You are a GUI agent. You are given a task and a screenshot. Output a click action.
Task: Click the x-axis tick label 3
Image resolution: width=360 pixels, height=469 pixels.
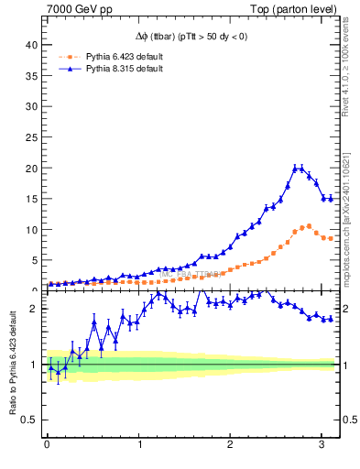322,445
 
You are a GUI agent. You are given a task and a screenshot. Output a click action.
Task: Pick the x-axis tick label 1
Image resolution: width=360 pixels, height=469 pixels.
139,445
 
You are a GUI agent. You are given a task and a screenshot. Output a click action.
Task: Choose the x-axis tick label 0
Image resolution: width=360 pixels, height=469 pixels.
48,445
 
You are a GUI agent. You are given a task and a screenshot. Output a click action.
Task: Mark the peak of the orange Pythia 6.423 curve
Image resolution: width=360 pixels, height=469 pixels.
308,225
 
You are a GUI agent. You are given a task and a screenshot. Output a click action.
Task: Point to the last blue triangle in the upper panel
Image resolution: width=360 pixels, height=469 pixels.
331,198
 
